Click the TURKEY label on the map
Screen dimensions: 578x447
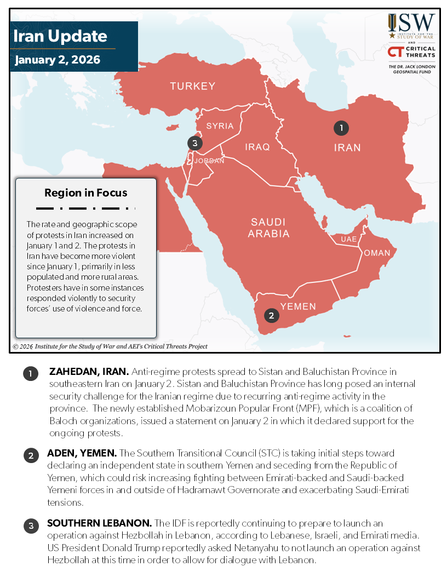tap(192, 86)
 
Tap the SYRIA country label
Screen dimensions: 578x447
tap(220, 126)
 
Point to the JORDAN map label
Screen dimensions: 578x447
tap(209, 161)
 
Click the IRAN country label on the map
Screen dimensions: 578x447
tap(348, 147)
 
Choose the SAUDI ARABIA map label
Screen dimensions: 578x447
tap(268, 228)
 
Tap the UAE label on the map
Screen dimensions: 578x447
tap(348, 240)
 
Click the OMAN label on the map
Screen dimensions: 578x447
tap(377, 253)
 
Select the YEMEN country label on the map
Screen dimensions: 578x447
tap(298, 306)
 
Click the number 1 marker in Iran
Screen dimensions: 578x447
tap(341, 128)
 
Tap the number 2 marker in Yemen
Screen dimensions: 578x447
tap(271, 315)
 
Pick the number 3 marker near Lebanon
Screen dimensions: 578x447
tap(194, 143)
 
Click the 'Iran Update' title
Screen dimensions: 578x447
tap(60, 37)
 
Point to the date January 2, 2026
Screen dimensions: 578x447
tap(58, 60)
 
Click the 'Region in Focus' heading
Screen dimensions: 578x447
tap(86, 193)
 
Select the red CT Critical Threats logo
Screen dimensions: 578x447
tap(396, 52)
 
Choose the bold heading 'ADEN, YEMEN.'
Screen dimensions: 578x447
tap(82, 454)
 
